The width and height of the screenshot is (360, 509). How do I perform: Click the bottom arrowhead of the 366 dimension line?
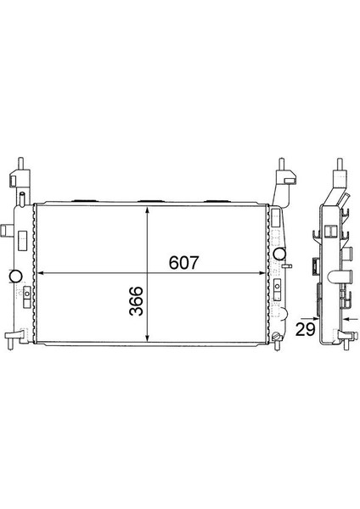pyautogui.click(x=149, y=338)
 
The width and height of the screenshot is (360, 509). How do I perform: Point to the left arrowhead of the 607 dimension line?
pyautogui.click(x=37, y=274)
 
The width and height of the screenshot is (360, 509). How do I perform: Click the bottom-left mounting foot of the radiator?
pyautogui.click(x=11, y=343)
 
